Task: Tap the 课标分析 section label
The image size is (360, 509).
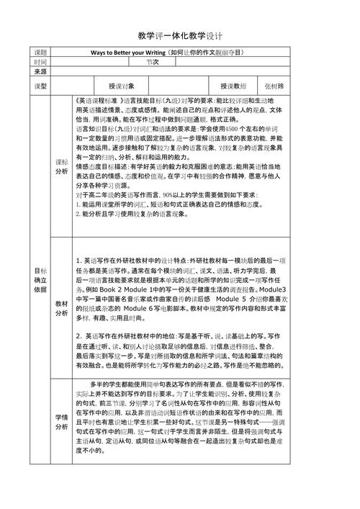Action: coord(62,167)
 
